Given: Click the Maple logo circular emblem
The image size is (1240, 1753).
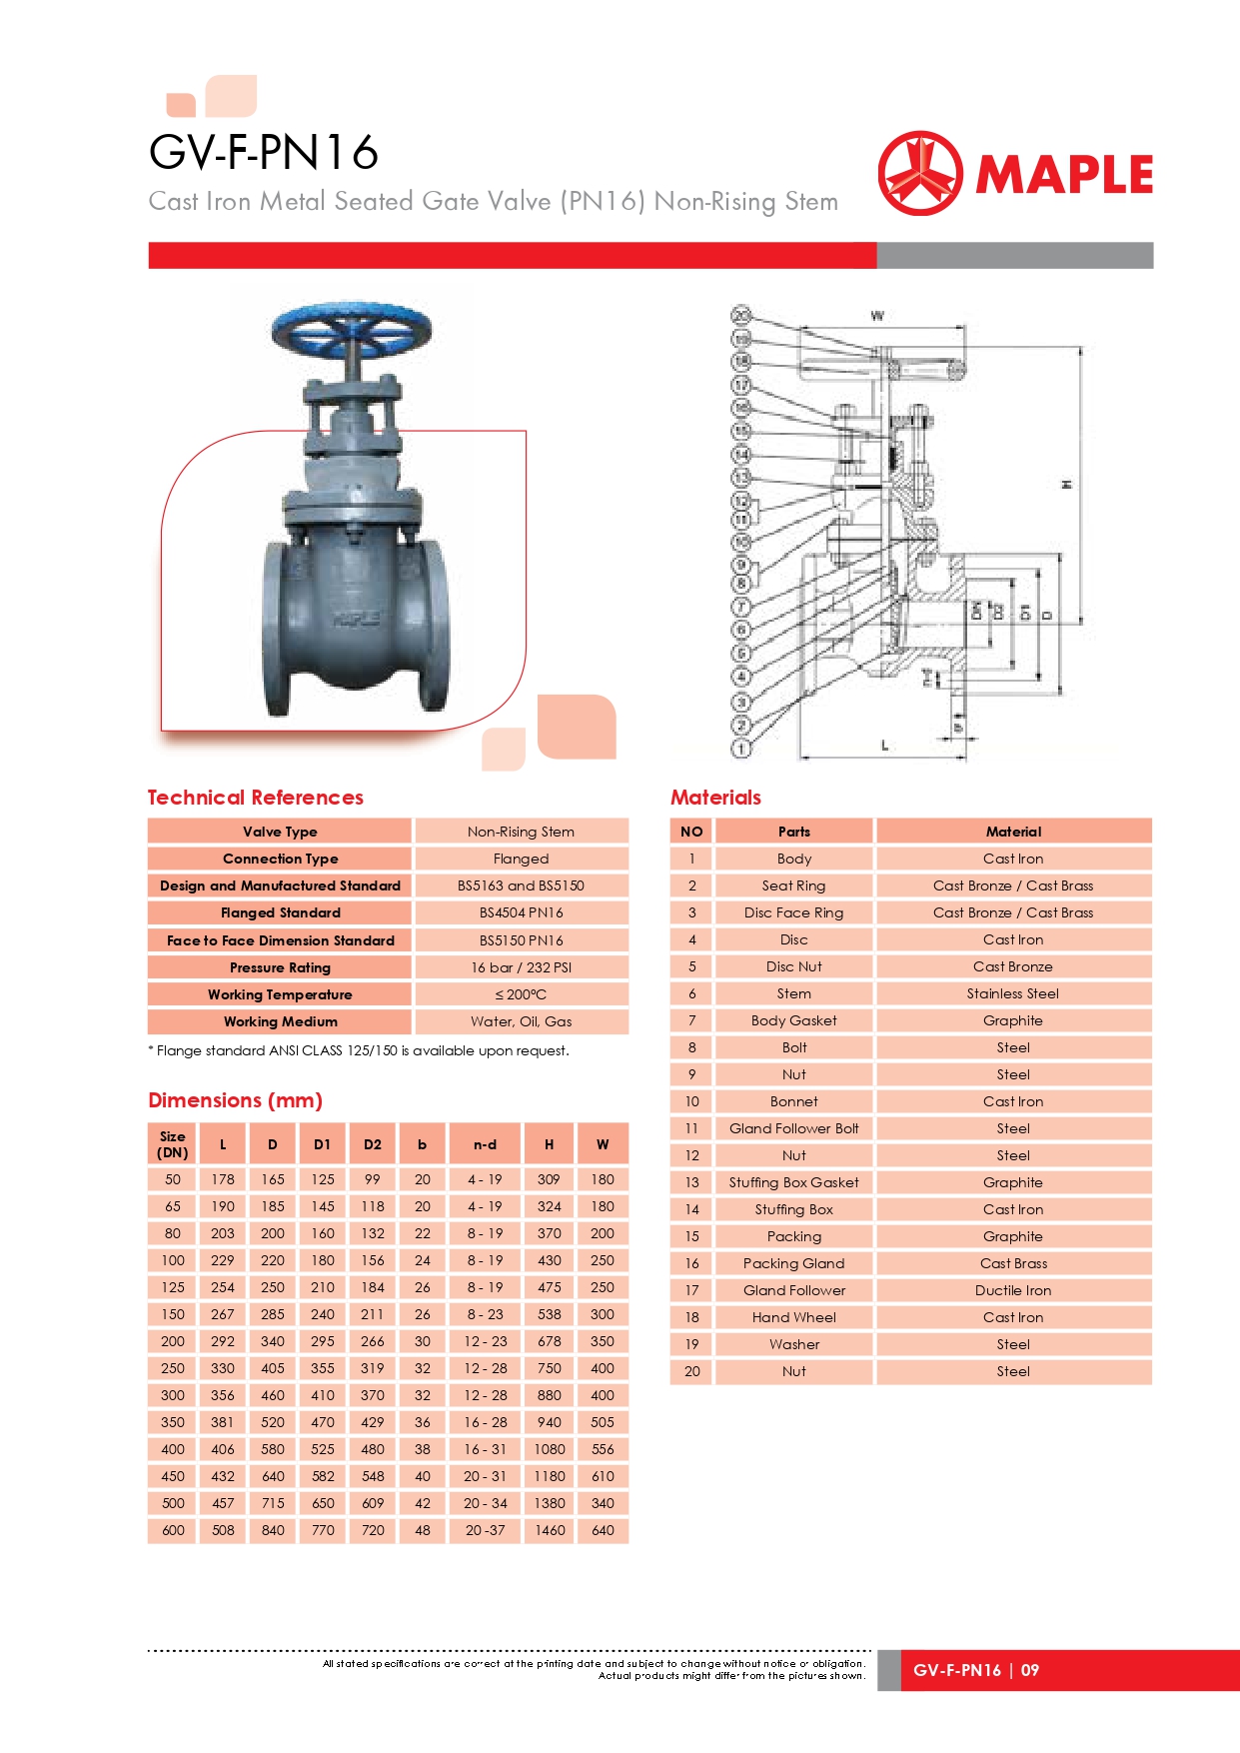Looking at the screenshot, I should [920, 173].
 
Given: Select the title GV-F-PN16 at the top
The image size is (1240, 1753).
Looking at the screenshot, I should [264, 153].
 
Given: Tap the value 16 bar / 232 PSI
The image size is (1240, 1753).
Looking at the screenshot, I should [521, 967].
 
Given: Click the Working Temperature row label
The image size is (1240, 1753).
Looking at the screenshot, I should [280, 994].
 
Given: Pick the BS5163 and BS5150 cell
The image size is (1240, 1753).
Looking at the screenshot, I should [521, 885].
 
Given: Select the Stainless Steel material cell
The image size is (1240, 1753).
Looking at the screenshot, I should [1012, 993].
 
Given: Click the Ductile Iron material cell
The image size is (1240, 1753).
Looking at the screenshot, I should [1012, 1290].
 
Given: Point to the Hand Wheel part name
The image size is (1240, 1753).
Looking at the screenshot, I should [793, 1317].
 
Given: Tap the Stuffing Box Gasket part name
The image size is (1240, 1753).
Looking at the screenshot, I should [793, 1182].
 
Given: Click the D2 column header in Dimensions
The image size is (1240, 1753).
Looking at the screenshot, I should [373, 1144].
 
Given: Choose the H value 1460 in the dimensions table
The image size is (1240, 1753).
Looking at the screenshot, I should [550, 1530].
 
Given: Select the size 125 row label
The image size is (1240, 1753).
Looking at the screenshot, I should [173, 1287].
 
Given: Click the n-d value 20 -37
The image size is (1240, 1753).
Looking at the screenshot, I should [486, 1530].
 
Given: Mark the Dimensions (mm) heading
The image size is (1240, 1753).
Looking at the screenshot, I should [235, 1100].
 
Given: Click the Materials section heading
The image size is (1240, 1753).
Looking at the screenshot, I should [715, 798].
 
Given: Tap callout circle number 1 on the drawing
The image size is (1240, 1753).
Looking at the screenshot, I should [741, 748].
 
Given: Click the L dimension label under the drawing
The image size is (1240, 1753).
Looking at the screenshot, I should [884, 745].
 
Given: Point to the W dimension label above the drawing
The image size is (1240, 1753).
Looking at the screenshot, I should [877, 316].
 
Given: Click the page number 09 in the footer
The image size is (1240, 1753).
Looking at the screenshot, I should [1030, 1670].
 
